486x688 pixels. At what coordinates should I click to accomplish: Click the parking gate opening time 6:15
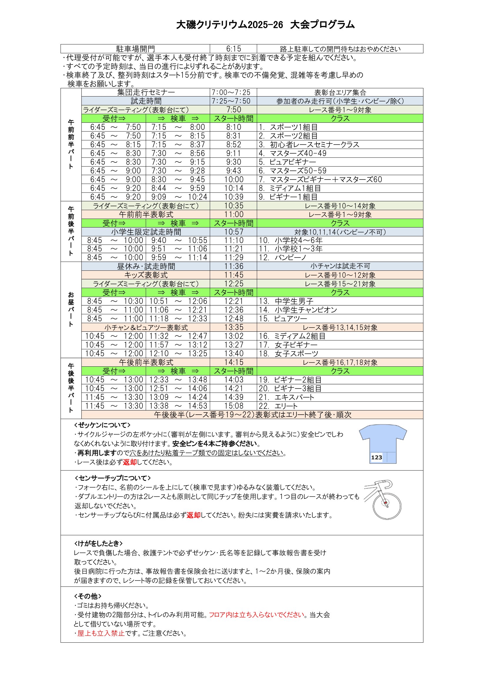tap(233, 49)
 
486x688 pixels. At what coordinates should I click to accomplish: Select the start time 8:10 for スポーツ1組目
tap(233, 127)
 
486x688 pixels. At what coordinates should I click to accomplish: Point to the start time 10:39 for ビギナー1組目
tap(233, 197)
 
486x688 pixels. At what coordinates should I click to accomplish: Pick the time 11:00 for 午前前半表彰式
tap(233, 215)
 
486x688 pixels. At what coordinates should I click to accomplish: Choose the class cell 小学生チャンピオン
tap(306, 310)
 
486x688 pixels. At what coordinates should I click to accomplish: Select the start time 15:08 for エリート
tap(233, 406)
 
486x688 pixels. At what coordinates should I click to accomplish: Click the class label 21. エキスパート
tap(286, 397)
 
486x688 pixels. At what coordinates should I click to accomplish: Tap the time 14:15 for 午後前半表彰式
tap(233, 362)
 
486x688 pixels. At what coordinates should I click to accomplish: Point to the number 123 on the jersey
tap(376, 457)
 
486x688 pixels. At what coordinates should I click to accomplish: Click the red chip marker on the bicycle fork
tap(386, 503)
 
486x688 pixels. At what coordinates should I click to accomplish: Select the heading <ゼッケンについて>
tap(102, 425)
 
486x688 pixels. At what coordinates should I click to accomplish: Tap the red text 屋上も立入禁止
tap(101, 633)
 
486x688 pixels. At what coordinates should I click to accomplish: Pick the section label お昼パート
tap(71, 310)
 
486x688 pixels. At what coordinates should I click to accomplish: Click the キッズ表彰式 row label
tap(146, 275)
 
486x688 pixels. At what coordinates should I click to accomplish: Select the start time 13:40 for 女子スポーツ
tap(233, 354)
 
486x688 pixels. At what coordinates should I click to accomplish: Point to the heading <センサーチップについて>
tap(113, 478)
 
